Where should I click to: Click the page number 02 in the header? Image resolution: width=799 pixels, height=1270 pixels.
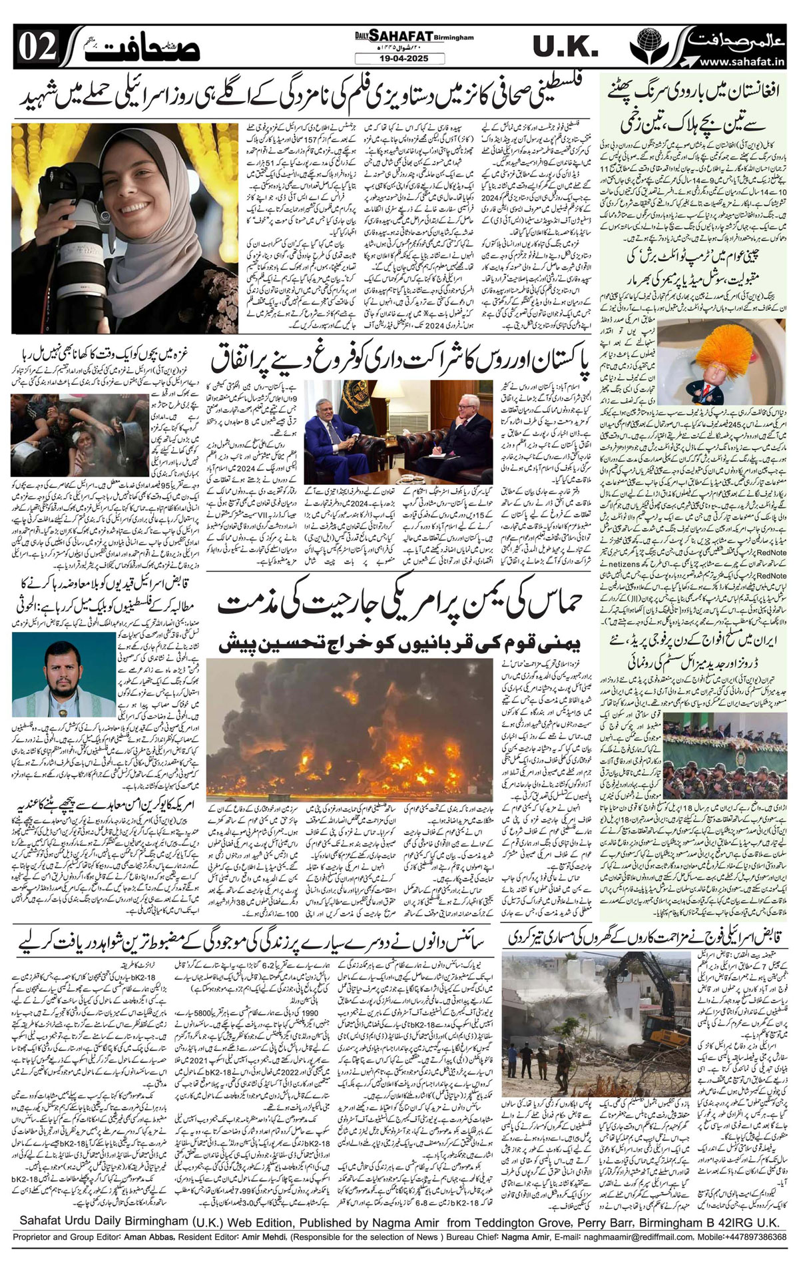(33, 47)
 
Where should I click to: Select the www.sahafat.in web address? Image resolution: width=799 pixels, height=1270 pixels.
(736, 62)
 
